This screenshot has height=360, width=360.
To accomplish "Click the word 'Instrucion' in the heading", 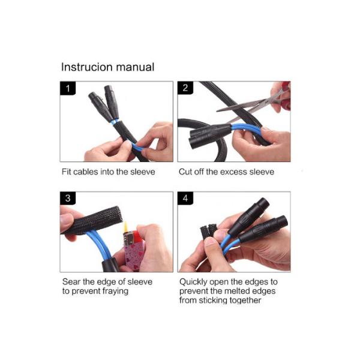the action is (x=87, y=67).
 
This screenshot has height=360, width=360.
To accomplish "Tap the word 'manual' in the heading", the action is (x=135, y=67).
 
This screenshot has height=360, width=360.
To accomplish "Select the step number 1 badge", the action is (x=68, y=88).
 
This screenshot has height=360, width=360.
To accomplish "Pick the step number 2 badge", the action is (x=185, y=88).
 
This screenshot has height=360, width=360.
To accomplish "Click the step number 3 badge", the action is (x=68, y=198).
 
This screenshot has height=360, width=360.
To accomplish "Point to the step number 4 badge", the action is (x=185, y=198).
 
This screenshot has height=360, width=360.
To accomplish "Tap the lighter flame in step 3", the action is (x=126, y=227).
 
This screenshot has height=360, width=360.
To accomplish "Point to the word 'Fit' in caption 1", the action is (x=66, y=172).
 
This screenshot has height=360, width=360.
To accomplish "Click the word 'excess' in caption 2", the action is (x=232, y=172).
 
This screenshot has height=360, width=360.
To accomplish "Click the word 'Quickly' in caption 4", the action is (x=193, y=282).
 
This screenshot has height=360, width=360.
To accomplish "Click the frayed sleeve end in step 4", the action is (x=208, y=231).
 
